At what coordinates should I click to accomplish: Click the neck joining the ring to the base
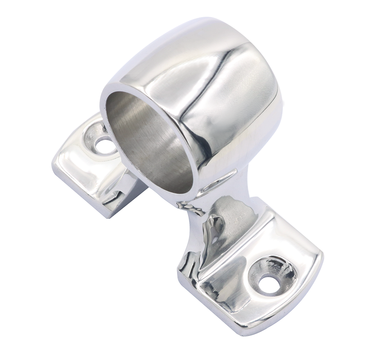click(202, 197)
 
